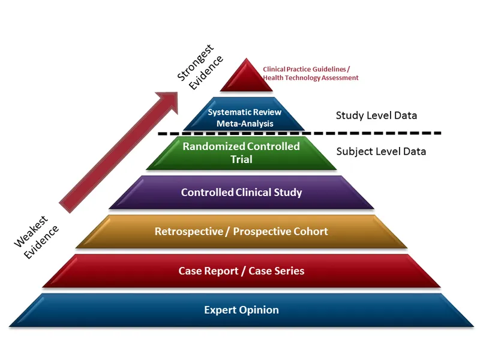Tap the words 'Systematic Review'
pyautogui.click(x=244, y=112)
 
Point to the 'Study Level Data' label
pyautogui.click(x=376, y=115)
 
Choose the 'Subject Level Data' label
pyautogui.click(x=381, y=151)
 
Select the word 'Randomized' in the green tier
pyautogui.click(x=212, y=146)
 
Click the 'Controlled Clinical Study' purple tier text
pyautogui.click(x=241, y=193)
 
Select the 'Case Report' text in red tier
pyautogui.click(x=208, y=271)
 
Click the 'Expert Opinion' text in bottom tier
pyautogui.click(x=241, y=310)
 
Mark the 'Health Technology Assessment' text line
pyautogui.click(x=310, y=78)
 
